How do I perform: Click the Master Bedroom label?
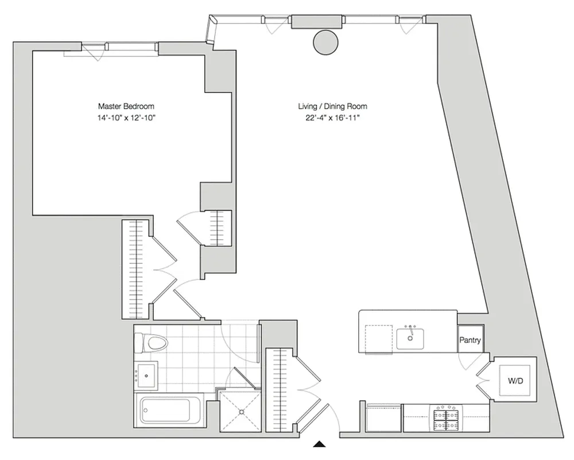pyautogui.click(x=126, y=106)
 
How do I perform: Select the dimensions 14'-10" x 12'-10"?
pyautogui.click(x=126, y=118)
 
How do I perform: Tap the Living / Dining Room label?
pyautogui.click(x=332, y=106)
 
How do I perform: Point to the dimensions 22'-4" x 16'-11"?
pyautogui.click(x=332, y=118)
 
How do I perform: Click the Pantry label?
pyautogui.click(x=470, y=340)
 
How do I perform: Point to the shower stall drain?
pyautogui.click(x=240, y=412)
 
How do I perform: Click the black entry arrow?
pyautogui.click(x=320, y=443)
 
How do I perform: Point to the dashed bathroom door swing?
pyautogui.click(x=240, y=339)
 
